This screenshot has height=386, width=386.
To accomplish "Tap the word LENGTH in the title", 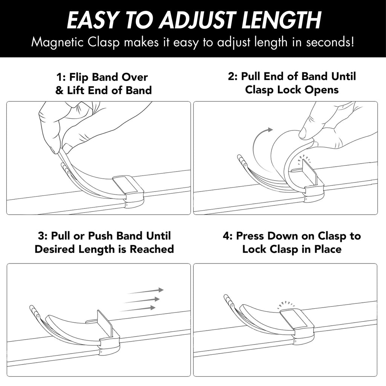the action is tap(281, 20).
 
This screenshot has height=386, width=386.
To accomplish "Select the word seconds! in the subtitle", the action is tap(330, 42).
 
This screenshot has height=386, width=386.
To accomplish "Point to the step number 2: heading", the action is tap(233, 76).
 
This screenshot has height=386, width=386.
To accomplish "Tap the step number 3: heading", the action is tap(43, 236).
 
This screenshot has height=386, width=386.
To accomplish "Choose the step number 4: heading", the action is tap(228, 236).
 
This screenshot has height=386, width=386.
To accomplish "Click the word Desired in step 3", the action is tap(55, 249).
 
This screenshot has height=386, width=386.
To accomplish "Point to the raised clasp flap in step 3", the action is tap(105, 323).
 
